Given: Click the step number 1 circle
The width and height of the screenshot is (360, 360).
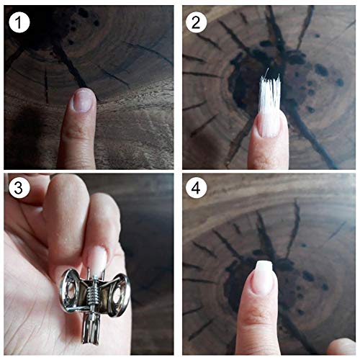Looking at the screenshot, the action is click(19, 22).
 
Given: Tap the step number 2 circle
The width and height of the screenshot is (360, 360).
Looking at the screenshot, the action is click(196, 22).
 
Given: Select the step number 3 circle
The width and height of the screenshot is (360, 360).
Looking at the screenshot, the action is click(19, 187).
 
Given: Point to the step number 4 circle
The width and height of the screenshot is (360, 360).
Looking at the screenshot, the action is click(196, 187).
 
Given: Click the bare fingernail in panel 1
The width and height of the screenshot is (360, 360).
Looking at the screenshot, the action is click(83, 101).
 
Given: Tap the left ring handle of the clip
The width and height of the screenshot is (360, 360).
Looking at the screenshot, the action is click(70, 289).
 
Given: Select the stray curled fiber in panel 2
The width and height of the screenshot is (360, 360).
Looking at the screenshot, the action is click(267, 71).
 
